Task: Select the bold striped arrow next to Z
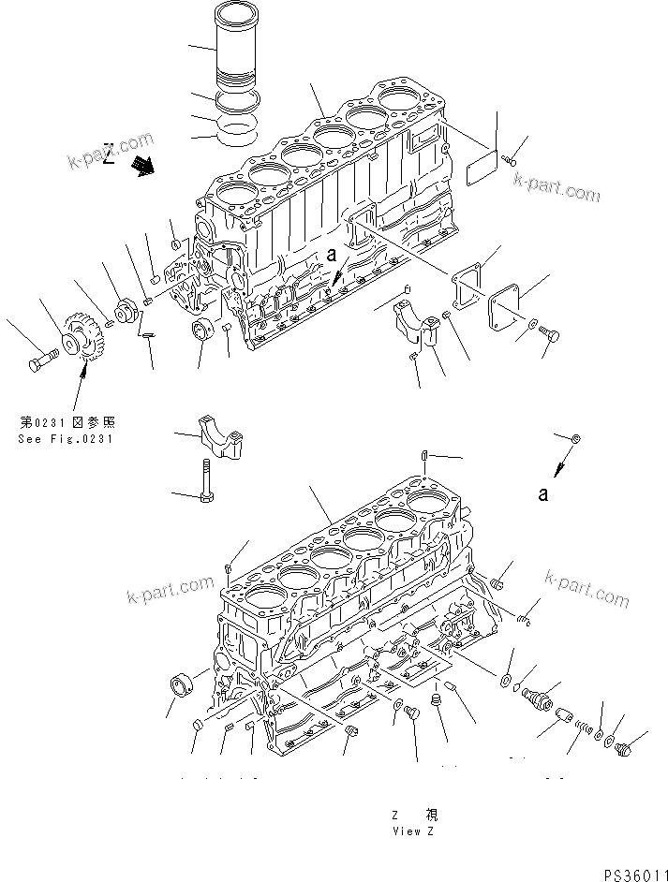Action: coord(143,167)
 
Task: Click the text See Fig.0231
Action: coord(64,438)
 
